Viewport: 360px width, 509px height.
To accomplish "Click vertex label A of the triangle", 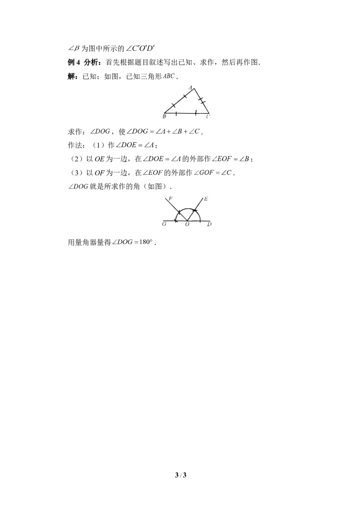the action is point(191,87).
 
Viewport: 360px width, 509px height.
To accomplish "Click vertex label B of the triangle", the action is point(164,116).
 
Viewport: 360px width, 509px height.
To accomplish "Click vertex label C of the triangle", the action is point(207,116).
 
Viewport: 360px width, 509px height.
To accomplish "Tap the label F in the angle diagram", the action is point(171,198).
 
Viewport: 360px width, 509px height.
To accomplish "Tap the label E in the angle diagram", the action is point(206,199).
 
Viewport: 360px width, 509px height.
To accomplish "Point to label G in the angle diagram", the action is point(164,224).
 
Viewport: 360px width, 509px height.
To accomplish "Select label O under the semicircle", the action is point(187,224).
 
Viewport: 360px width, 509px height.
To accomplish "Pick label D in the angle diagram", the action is point(209,224).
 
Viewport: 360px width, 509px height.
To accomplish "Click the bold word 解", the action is point(71,76).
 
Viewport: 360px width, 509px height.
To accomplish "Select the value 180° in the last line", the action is point(145,242).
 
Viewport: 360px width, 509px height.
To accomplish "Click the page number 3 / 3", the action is point(180,475).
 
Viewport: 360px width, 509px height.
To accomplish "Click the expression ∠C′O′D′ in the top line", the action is point(140,49).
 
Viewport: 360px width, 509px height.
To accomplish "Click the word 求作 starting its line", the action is point(75,131).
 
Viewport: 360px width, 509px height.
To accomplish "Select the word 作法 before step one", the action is point(75,145).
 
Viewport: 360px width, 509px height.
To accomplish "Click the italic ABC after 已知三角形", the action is point(169,76).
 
